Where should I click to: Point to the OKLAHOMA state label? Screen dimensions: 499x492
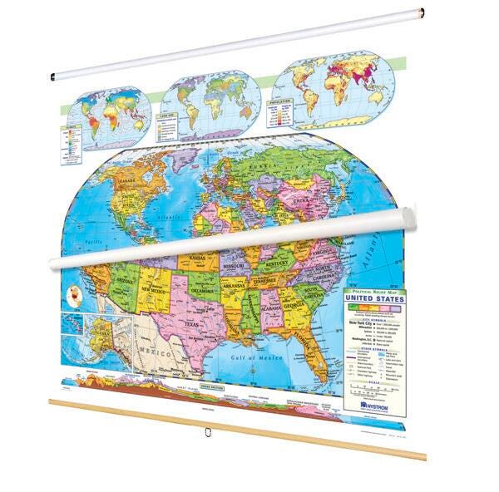[x=202, y=292]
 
